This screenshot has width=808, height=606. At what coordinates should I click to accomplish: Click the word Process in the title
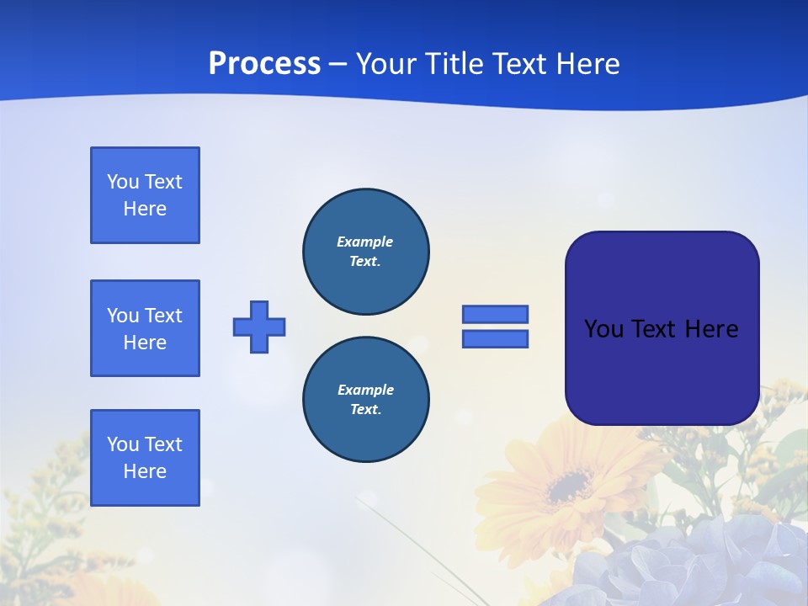click(x=264, y=64)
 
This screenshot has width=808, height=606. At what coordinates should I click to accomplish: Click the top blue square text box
click(x=145, y=195)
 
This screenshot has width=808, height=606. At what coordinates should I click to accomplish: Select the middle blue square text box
click(x=145, y=328)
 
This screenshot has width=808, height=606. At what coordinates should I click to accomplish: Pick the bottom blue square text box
click(x=145, y=458)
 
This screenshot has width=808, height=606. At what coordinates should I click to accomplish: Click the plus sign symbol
click(x=259, y=327)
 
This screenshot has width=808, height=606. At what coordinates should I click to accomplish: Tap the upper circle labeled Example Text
click(x=365, y=252)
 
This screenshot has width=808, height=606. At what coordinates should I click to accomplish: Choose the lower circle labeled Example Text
click(x=365, y=400)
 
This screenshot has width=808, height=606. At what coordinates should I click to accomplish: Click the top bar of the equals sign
click(x=495, y=314)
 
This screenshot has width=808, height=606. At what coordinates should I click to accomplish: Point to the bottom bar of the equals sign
click(x=495, y=339)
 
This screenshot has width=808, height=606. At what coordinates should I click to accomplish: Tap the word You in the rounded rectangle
click(x=603, y=329)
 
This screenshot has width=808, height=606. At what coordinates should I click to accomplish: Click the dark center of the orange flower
click(x=569, y=486)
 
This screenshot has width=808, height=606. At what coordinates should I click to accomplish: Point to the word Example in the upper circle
click(x=364, y=242)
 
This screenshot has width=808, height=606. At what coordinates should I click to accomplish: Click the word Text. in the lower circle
click(x=365, y=410)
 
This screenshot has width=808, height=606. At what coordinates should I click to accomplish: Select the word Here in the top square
click(x=145, y=209)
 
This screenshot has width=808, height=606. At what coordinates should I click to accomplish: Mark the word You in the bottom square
click(x=123, y=444)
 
